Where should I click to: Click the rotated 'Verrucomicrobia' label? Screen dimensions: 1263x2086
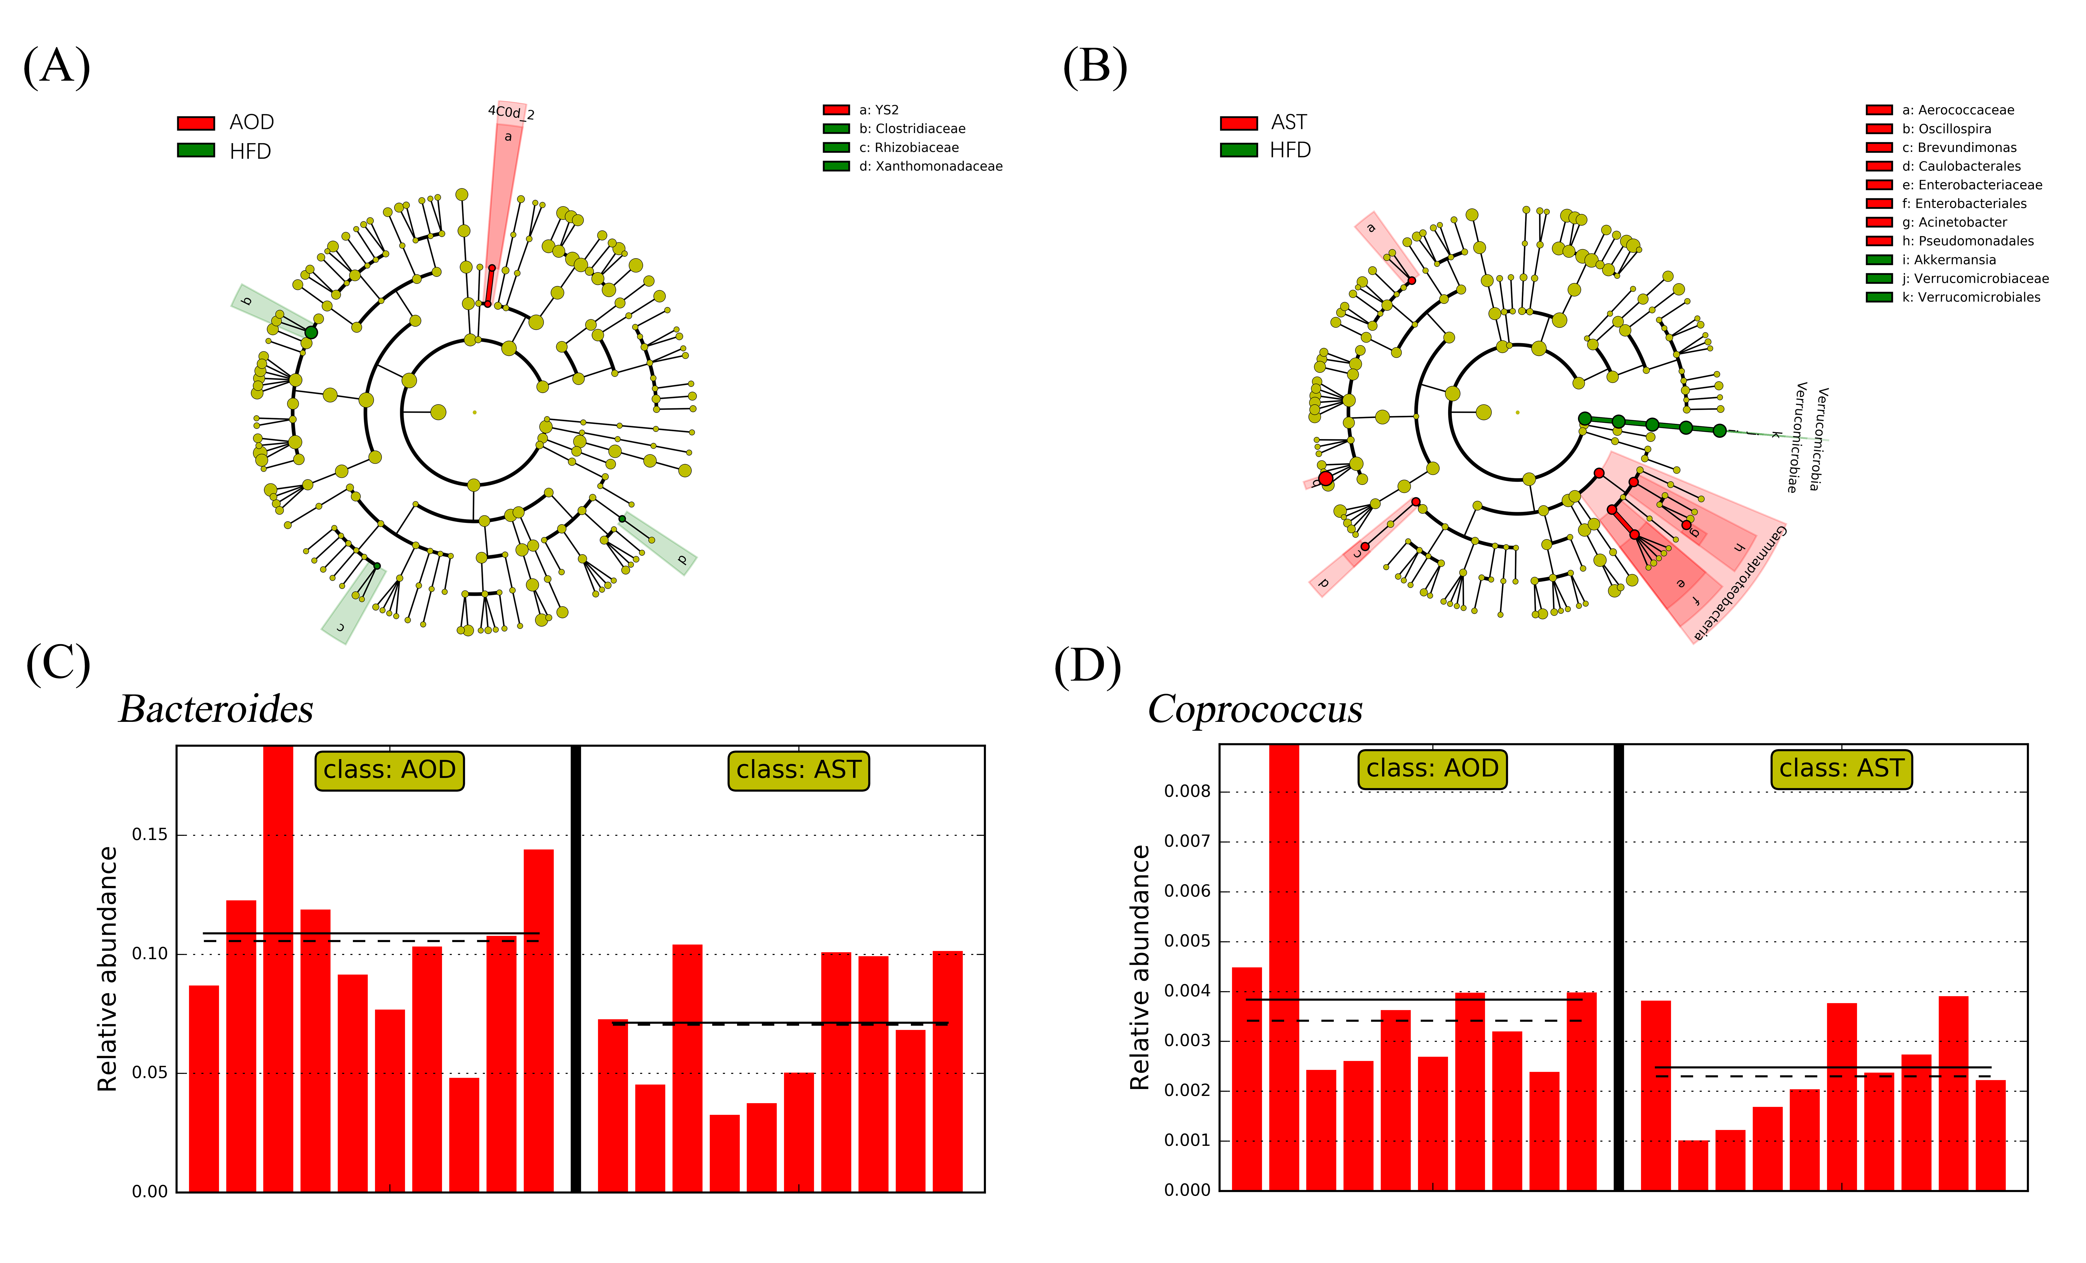tap(1817, 438)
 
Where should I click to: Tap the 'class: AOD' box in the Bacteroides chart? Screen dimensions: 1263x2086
tap(389, 770)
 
